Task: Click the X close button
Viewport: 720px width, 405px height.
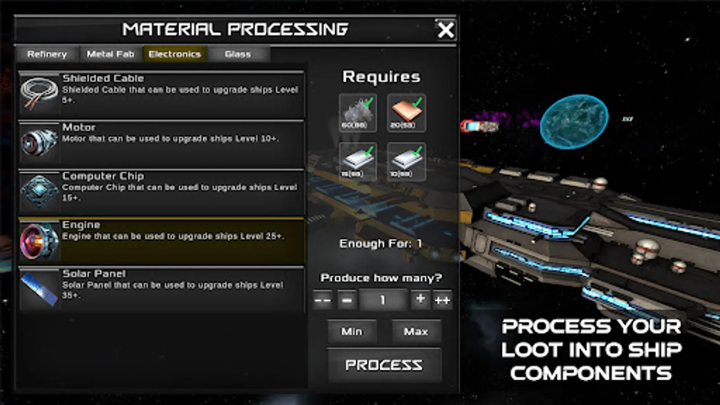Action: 445,30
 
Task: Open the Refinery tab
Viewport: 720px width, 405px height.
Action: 47,54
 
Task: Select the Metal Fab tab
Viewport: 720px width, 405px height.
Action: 111,54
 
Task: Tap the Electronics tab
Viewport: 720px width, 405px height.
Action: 175,54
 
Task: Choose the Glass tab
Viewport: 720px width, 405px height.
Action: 238,54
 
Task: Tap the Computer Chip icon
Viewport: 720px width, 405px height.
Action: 39,191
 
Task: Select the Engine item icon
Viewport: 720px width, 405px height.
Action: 39,240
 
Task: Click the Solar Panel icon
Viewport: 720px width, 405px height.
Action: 39,289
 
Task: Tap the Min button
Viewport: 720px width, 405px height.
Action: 351,332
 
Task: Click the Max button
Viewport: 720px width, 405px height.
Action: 416,332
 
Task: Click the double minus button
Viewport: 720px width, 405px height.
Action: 323,300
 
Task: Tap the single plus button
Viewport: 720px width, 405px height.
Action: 420,299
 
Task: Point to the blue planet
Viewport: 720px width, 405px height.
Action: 574,121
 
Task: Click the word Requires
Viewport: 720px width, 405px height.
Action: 381,77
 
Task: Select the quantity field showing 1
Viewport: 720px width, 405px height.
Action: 382,300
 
